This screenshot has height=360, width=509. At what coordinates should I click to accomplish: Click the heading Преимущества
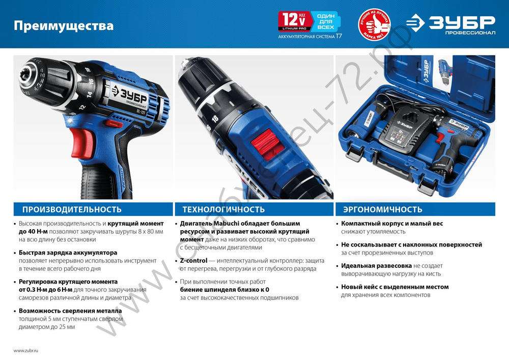pyautogui.click(x=64, y=25)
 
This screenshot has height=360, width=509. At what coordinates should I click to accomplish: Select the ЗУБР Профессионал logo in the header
pyautogui.click(x=450, y=24)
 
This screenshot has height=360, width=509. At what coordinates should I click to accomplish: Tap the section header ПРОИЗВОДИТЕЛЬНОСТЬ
pyautogui.click(x=71, y=209)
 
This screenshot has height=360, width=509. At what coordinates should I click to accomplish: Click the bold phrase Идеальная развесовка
pyautogui.click(x=376, y=266)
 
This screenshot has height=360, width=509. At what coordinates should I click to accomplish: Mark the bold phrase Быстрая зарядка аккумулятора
pyautogui.click(x=68, y=253)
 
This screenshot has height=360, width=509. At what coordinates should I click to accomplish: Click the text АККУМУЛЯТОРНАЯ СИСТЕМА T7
pyautogui.click(x=309, y=37)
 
